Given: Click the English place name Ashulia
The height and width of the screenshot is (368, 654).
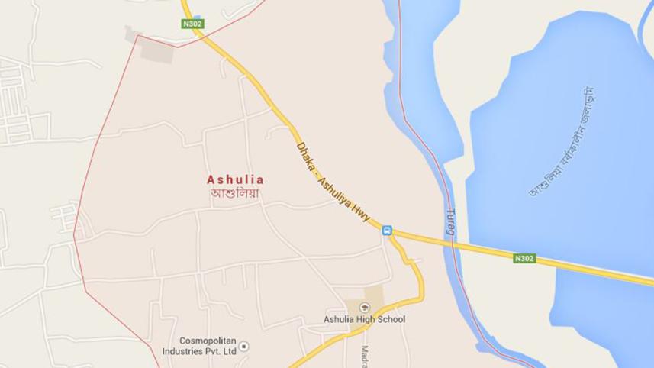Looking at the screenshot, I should pos(235,180).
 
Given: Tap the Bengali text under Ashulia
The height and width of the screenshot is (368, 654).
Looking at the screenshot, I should pos(235,194).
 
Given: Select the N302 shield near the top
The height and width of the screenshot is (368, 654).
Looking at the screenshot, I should pos(193,24).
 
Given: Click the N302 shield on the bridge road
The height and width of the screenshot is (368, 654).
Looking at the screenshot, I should pos(524,259).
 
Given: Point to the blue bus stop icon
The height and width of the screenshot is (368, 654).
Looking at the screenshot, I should pos(387,231).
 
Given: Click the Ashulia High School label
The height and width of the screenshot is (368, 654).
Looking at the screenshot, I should pos(364,319).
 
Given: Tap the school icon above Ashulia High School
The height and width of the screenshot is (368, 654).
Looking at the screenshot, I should pos(364,307).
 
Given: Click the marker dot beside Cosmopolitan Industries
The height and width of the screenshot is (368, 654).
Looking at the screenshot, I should pos(243,347).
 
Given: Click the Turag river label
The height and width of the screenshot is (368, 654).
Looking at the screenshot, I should pos(450,221).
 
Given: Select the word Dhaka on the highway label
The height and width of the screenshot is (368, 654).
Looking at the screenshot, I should pos(304,155).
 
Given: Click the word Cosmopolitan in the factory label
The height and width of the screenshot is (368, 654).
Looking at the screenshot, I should pos(206,341).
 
